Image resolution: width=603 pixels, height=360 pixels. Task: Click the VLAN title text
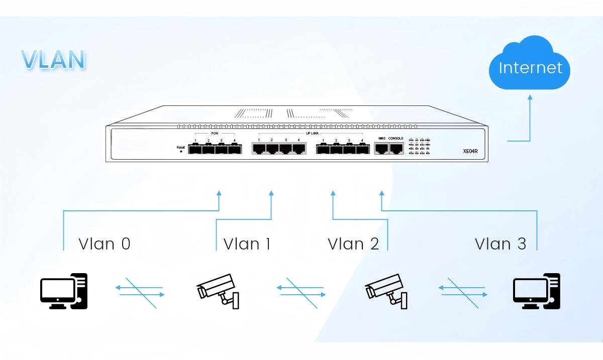tap(53, 60)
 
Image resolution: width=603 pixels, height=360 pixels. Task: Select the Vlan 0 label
tap(105, 244)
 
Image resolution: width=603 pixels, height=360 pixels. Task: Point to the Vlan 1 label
tap(247, 244)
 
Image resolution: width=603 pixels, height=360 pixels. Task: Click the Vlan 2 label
tap(353, 244)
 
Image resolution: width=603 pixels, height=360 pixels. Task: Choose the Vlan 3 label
tap(500, 244)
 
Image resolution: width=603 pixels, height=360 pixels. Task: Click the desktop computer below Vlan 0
tap(64, 291)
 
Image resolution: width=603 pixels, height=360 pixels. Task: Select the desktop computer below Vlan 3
tap(536, 291)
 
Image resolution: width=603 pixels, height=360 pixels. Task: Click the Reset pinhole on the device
tap(181, 151)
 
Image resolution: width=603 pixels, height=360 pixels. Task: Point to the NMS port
tap(381, 148)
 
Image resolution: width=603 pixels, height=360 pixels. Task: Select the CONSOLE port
tap(396, 148)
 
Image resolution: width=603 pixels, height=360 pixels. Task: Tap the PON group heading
tap(215, 134)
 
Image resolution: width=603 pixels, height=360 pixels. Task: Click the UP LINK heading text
tap(312, 134)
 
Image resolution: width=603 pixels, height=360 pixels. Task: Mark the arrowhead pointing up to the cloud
tap(530, 97)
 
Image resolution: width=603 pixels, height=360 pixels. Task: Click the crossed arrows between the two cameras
tap(301, 291)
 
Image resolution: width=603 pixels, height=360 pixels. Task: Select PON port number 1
tap(195, 149)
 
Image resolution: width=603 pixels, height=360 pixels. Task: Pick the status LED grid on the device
tap(419, 146)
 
